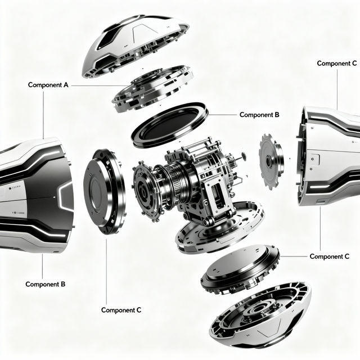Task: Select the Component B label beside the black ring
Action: click(x=259, y=115)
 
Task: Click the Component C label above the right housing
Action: click(x=337, y=64)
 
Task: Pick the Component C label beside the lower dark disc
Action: click(x=334, y=256)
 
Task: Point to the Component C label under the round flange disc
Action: click(x=121, y=310)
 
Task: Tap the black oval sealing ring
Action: click(x=170, y=124)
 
